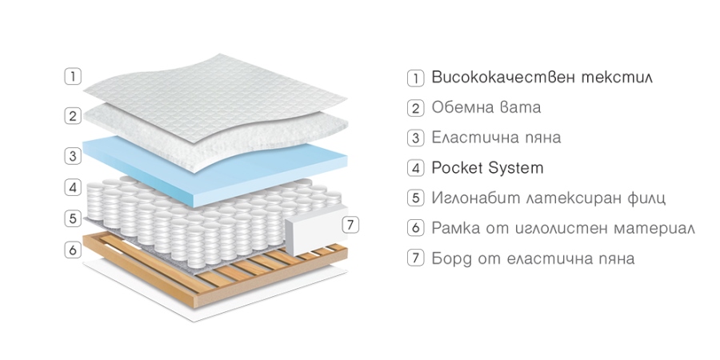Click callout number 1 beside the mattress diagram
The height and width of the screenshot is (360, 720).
[73, 76]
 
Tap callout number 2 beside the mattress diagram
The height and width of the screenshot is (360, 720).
[73, 116]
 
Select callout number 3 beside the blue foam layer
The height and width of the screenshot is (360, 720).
[73, 156]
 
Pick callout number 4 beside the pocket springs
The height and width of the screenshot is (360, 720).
[73, 187]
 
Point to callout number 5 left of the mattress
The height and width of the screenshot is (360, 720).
[73, 218]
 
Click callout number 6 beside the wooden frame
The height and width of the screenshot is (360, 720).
[73, 250]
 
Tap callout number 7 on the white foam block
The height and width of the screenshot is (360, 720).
[351, 225]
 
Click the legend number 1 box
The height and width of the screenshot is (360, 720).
[415, 78]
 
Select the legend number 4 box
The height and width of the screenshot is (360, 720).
[415, 168]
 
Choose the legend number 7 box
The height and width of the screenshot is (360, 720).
[415, 258]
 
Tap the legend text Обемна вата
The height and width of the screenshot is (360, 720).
[486, 107]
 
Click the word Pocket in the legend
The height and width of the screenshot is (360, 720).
[458, 168]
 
